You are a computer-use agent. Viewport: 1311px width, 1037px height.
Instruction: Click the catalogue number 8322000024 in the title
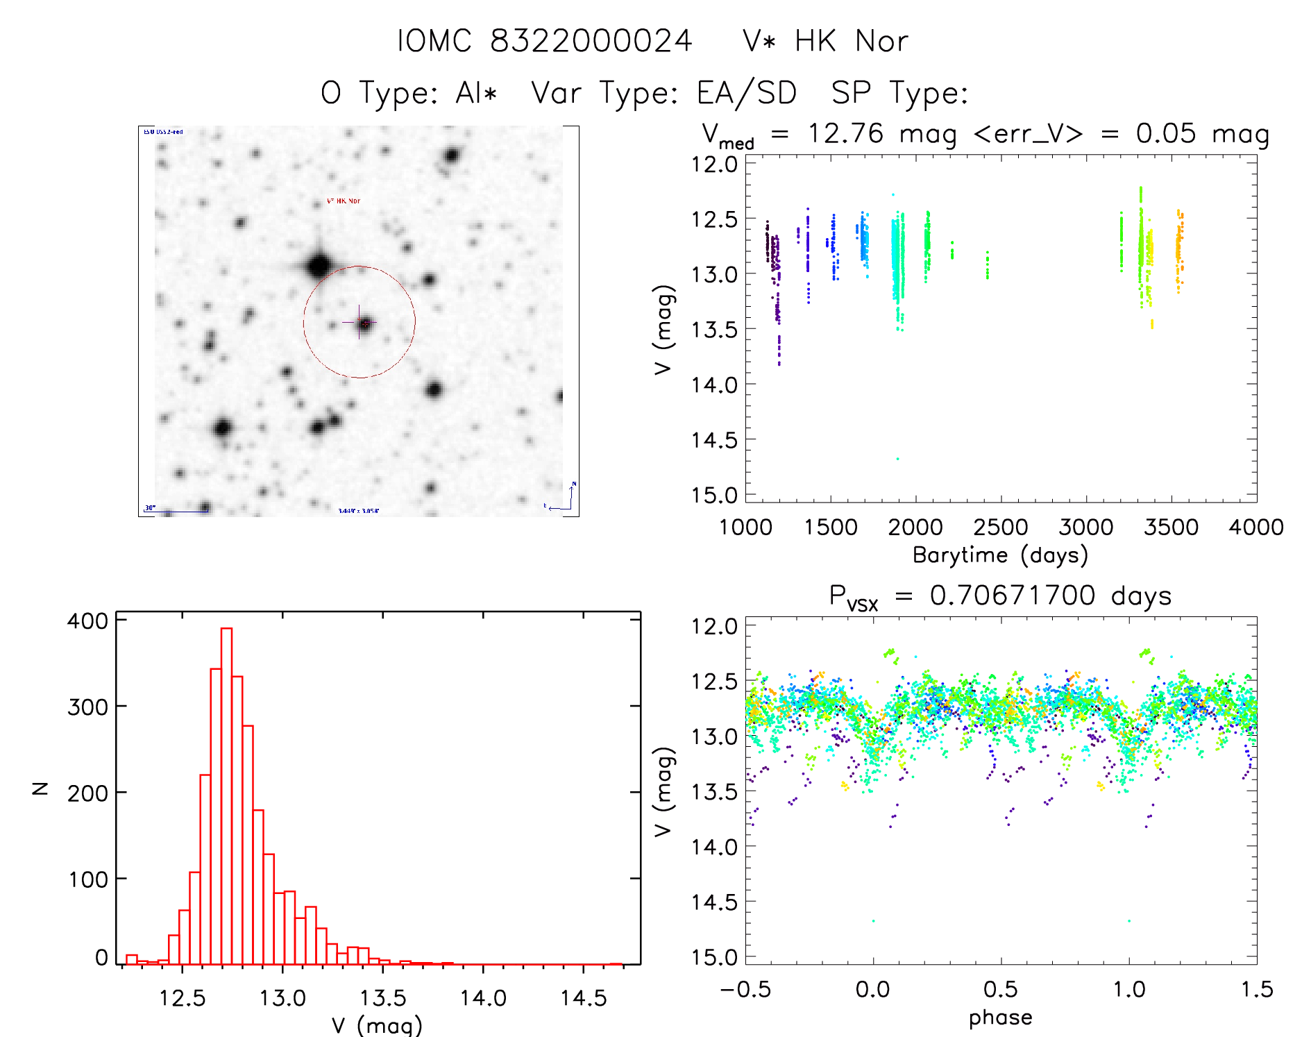(x=591, y=41)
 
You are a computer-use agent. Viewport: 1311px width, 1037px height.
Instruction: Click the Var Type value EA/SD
(x=747, y=93)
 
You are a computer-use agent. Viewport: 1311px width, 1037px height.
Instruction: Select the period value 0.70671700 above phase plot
(x=1013, y=596)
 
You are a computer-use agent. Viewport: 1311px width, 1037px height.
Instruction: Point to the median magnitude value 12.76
(x=845, y=133)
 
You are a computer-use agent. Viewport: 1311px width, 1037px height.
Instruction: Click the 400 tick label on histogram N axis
(x=88, y=621)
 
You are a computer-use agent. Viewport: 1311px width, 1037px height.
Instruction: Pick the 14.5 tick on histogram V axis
(x=583, y=998)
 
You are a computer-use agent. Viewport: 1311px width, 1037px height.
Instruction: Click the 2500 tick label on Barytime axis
(x=1001, y=528)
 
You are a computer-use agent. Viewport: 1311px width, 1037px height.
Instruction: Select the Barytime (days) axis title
(x=1000, y=555)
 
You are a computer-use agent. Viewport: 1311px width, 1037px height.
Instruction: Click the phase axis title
(x=1000, y=1018)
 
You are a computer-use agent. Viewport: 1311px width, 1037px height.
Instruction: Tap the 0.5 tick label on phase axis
(x=1001, y=989)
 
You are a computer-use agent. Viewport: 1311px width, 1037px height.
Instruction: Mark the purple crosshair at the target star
(x=359, y=322)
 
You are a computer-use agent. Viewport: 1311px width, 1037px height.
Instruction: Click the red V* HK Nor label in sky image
(x=344, y=201)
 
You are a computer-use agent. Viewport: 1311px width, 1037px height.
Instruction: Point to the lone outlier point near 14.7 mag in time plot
(x=897, y=459)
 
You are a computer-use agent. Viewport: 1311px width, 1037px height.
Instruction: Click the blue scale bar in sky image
(x=177, y=512)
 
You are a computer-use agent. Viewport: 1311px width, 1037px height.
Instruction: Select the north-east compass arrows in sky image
(x=564, y=498)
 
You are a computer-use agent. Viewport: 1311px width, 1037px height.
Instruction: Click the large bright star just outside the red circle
(x=319, y=265)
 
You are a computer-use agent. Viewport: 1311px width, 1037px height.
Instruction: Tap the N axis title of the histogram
(x=41, y=788)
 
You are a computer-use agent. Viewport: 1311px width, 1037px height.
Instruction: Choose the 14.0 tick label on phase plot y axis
(x=714, y=847)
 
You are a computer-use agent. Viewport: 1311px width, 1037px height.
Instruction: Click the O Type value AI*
(x=476, y=93)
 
